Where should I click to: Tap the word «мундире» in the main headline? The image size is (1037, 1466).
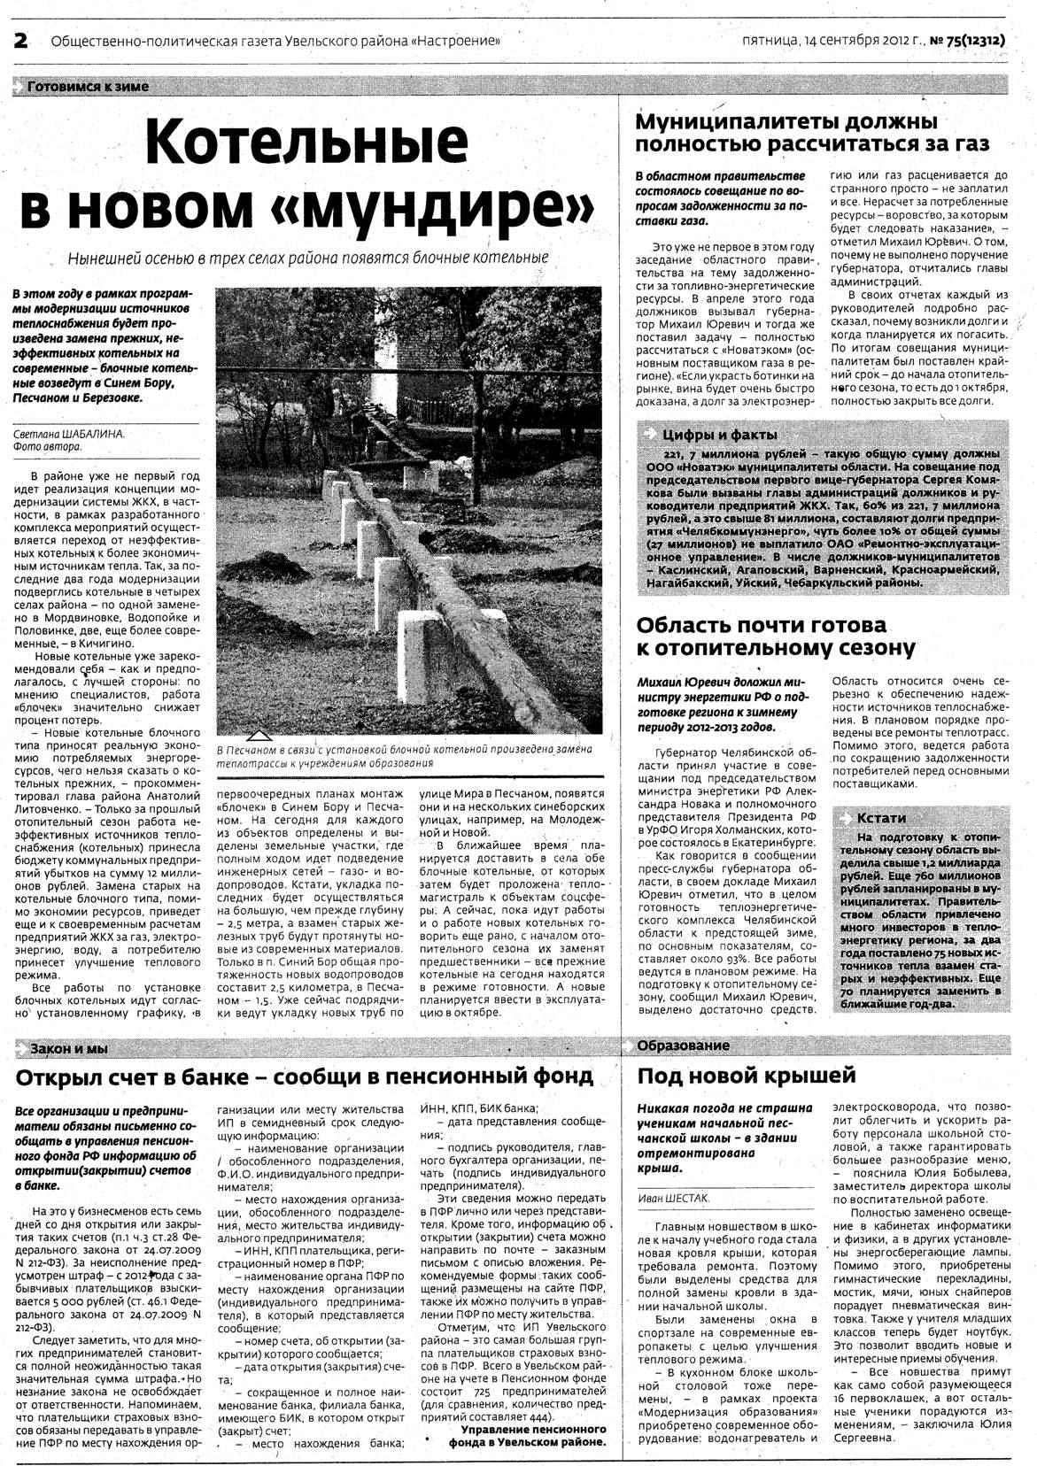point(460,207)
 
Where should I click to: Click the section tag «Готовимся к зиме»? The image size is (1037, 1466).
point(88,87)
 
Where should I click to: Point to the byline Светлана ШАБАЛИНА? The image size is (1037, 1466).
point(69,434)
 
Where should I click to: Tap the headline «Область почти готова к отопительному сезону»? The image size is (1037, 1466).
point(776,636)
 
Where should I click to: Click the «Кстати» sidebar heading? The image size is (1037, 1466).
point(880,816)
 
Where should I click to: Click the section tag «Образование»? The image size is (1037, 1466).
point(684,1045)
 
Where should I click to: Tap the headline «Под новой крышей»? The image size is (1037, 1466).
point(747,1076)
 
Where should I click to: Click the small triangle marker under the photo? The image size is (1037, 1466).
point(259,736)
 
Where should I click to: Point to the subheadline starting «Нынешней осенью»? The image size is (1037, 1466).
point(308,258)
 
